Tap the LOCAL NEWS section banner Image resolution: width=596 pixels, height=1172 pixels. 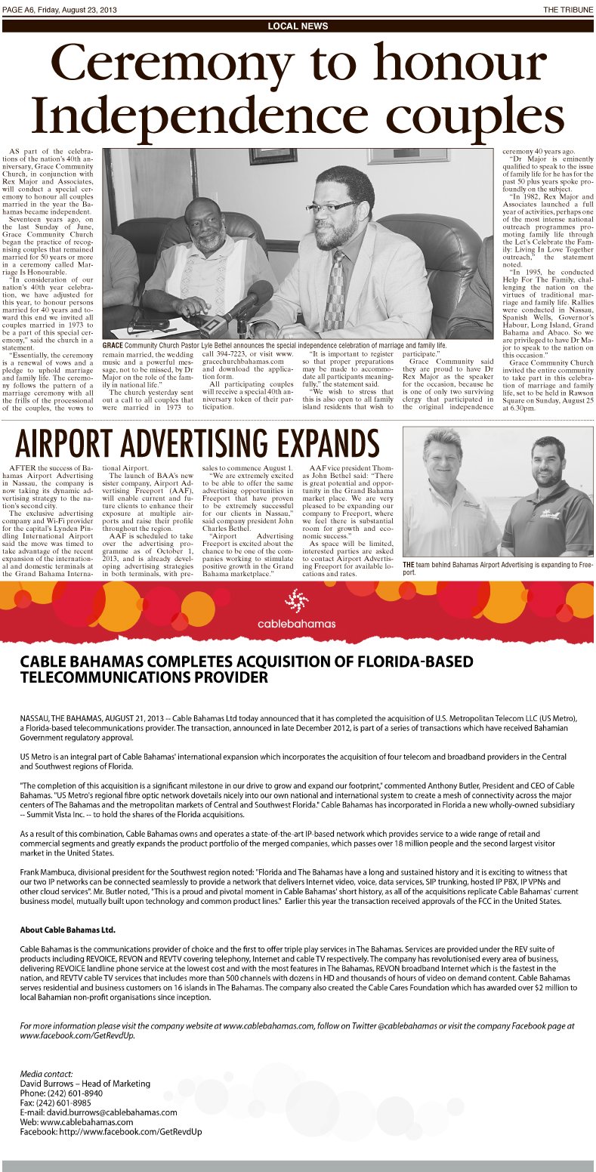pos(298,26)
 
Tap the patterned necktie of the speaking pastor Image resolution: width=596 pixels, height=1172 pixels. pos(335,291)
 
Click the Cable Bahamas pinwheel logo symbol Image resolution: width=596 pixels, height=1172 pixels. pos(296,602)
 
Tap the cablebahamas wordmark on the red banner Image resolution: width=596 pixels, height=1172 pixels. pos(296,624)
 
